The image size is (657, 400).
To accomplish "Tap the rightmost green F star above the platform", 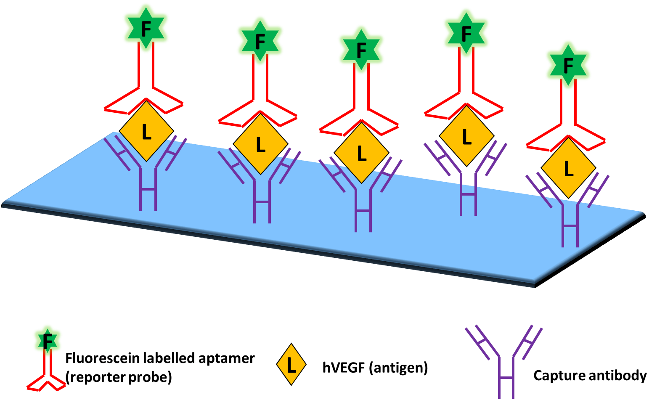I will [568, 66].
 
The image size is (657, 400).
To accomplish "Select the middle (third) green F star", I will [361, 50].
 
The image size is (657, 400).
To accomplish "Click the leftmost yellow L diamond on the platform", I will [146, 132].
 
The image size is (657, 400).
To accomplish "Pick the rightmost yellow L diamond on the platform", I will [568, 169].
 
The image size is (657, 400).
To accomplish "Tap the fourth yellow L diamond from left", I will [466, 137].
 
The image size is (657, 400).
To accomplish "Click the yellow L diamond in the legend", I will [291, 365].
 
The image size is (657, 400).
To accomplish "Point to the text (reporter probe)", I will [119, 377].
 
